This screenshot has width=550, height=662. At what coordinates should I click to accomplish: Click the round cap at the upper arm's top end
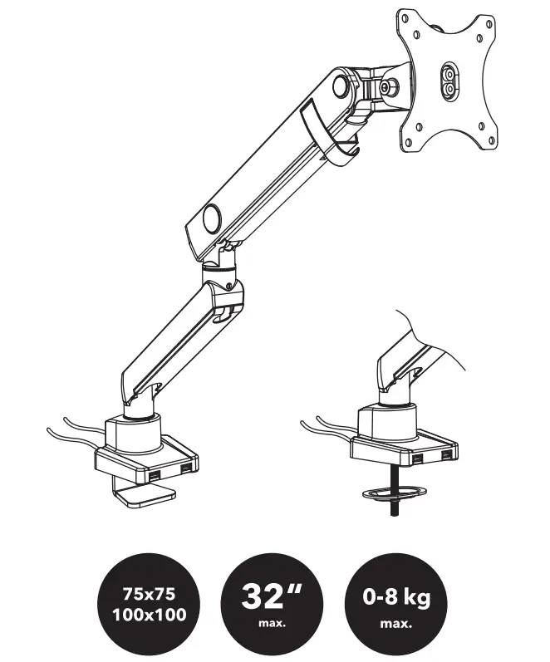click(x=341, y=86)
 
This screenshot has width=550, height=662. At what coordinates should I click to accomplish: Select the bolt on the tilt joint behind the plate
click(x=387, y=86)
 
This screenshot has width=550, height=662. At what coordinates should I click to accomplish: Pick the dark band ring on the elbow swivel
click(x=218, y=268)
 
